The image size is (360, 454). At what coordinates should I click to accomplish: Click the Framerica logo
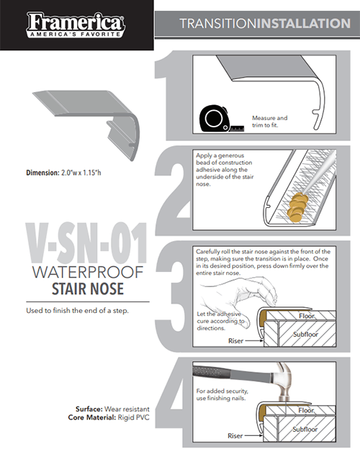76,25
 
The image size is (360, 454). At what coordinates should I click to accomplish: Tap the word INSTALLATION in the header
304,24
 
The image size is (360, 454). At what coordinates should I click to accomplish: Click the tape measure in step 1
221,119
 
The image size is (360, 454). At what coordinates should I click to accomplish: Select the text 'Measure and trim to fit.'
269,122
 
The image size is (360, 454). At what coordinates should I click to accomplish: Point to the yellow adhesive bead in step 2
297,206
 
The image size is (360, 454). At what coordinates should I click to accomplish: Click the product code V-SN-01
86,243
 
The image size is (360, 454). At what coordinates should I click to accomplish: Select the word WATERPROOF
88,272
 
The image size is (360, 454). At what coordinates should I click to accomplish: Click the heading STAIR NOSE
88,289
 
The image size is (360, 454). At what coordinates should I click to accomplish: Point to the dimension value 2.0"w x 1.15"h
81,173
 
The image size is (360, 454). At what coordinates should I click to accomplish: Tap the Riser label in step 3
235,341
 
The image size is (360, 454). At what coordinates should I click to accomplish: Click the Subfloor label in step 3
305,335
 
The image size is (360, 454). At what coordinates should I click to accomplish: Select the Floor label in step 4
306,410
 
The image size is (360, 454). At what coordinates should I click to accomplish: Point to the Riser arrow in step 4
253,435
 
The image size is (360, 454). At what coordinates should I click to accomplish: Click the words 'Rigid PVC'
134,417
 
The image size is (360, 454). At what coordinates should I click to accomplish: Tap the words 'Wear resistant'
127,409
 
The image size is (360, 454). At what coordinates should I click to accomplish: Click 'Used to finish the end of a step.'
77,311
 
